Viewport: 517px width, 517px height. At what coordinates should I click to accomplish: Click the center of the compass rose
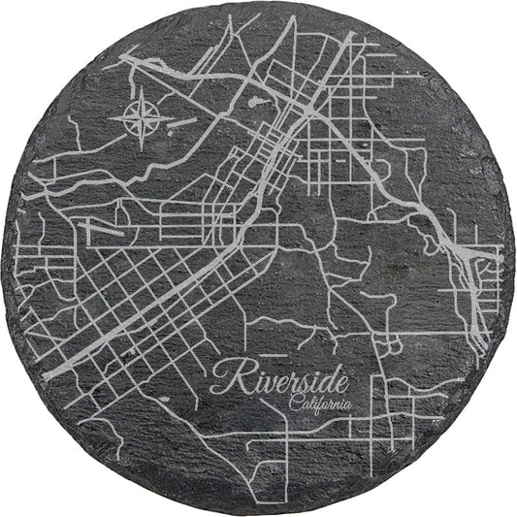click(142, 119)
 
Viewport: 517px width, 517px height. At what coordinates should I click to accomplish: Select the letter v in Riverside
click(265, 380)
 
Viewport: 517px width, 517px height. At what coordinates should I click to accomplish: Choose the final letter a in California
click(349, 405)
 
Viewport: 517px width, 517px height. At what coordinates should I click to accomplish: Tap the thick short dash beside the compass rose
click(185, 122)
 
